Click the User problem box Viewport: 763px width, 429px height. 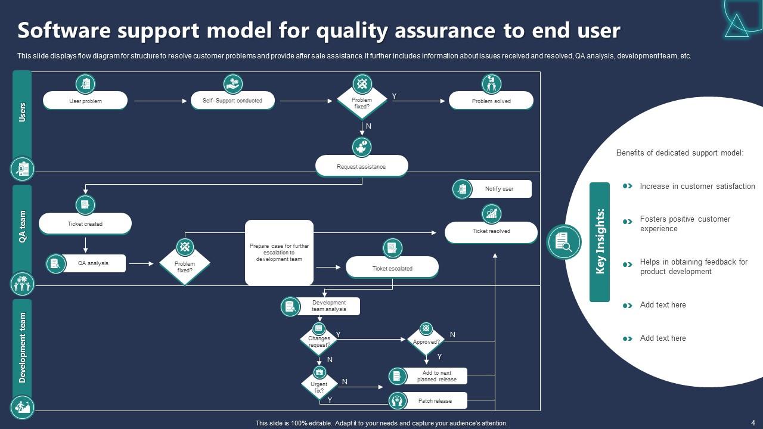coord(85,101)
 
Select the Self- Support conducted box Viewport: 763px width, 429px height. coord(232,101)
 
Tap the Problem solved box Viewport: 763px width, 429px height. coord(491,101)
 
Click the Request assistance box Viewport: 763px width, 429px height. coord(361,166)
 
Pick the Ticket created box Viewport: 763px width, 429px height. coord(85,223)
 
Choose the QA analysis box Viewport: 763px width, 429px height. coord(92,263)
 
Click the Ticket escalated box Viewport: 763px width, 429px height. coord(392,268)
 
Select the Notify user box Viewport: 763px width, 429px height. coord(499,189)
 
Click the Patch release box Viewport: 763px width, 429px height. coord(435,401)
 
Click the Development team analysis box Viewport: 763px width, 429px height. coord(328,306)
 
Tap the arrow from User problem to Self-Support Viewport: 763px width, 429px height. coord(161,101)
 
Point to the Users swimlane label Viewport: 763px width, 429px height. coord(22,112)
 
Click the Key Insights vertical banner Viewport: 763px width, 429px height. coord(600,242)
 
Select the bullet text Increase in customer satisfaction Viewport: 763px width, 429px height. coord(697,186)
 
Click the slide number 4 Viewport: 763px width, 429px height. coord(753,423)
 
